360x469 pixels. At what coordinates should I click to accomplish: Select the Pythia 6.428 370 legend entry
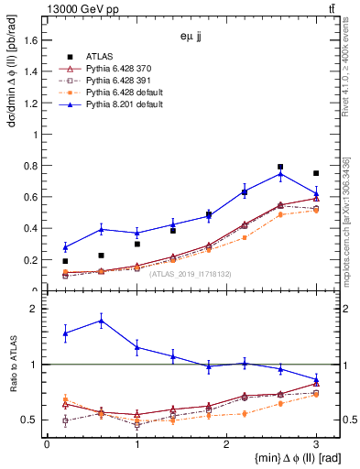click(x=114, y=69)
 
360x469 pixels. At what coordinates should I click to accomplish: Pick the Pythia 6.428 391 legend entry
click(x=114, y=81)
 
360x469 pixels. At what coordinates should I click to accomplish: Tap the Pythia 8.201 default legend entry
click(x=116, y=104)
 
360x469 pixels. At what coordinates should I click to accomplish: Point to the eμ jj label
click(x=191, y=38)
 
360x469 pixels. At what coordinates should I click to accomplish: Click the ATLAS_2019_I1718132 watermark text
click(x=190, y=273)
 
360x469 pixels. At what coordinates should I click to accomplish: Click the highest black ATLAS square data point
click(x=280, y=167)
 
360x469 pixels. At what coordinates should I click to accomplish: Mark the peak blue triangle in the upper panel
click(x=280, y=174)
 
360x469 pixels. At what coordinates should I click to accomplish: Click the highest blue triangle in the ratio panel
click(x=101, y=320)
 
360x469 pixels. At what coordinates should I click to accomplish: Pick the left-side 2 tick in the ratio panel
click(x=38, y=309)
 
